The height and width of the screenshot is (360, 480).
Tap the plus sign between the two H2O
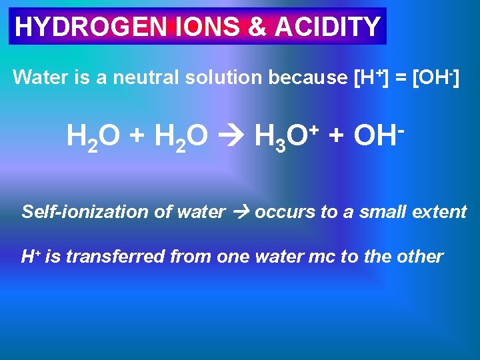[x=137, y=137]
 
